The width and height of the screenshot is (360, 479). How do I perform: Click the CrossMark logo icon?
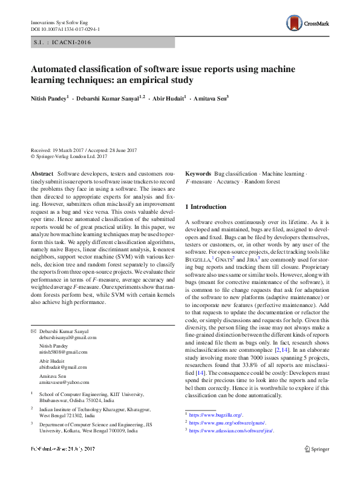coord(295,23)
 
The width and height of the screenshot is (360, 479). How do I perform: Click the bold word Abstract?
coord(42,173)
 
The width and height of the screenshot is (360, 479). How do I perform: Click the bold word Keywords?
coord(198,173)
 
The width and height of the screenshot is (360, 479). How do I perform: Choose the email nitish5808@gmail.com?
coord(61,352)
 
